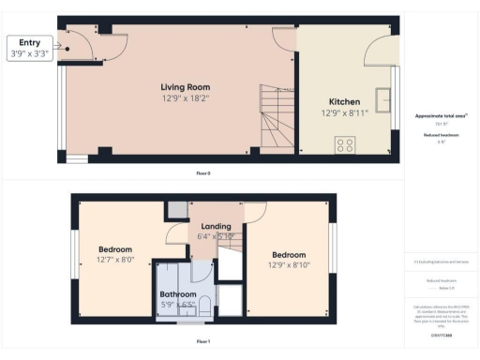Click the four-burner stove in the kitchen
pyautogui.click(x=345, y=144)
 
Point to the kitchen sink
pyautogui.click(x=382, y=99)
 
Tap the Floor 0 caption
pyautogui.click(x=202, y=172)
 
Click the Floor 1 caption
pyautogui.click(x=202, y=340)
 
